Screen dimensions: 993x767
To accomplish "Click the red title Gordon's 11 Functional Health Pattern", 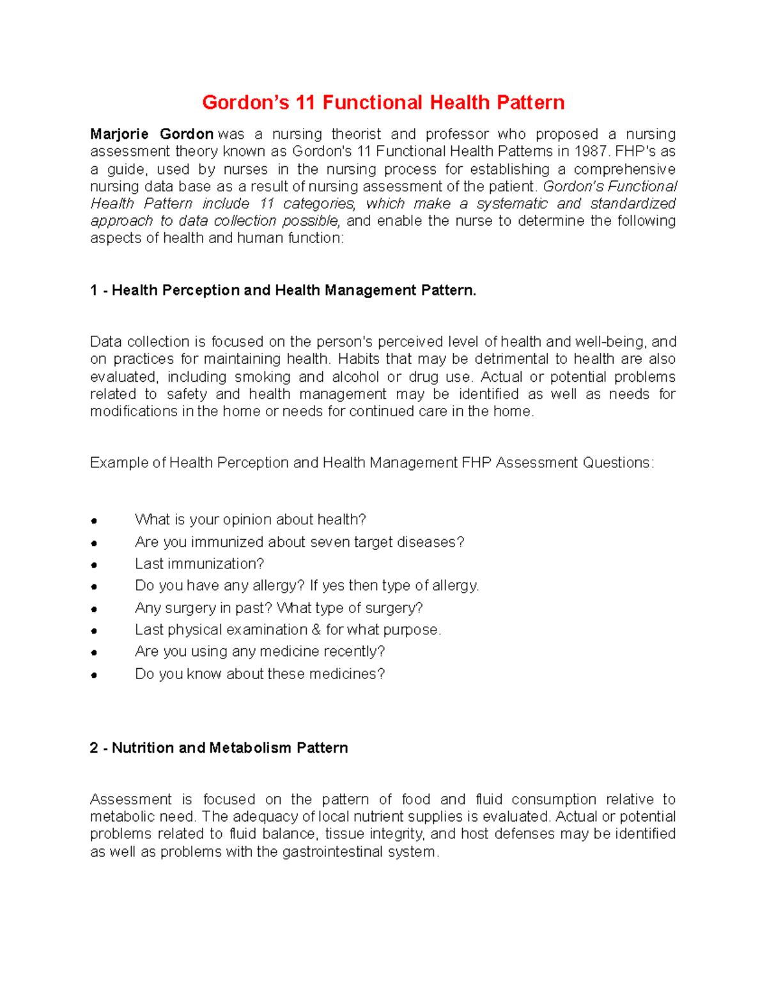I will coord(383,103).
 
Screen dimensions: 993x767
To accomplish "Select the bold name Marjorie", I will coord(119,134).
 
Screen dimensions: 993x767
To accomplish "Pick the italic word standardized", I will coord(633,204).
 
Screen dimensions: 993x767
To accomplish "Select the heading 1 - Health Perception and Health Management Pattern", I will coord(283,290).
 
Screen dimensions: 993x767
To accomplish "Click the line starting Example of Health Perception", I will coord(372,463).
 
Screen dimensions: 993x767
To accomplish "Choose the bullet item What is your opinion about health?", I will coord(250,520).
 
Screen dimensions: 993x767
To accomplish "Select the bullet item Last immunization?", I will coord(199,564).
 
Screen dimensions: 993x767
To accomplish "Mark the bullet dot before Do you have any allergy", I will coord(94,587).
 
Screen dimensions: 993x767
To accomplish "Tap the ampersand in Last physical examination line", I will coord(316,630).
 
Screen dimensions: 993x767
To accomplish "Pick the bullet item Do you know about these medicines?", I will coord(260,674).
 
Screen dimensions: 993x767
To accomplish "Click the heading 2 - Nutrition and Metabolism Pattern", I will coord(219,748).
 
